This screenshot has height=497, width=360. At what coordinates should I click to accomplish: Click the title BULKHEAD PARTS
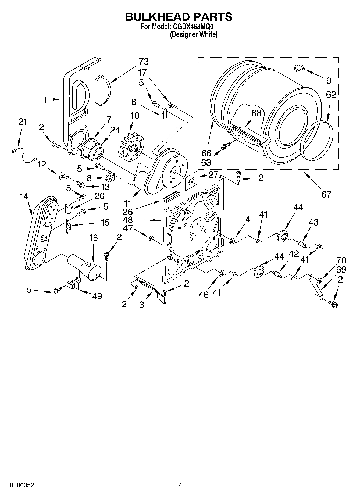(179, 17)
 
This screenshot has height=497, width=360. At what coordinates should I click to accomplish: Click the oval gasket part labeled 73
(102, 90)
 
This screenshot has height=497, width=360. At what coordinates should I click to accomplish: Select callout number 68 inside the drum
(256, 113)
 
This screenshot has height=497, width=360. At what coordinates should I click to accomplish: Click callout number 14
(24, 196)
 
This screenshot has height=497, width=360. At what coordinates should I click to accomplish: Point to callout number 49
(97, 296)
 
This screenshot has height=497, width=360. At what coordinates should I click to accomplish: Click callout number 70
(341, 260)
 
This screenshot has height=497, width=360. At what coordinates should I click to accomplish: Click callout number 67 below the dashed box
(326, 194)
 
